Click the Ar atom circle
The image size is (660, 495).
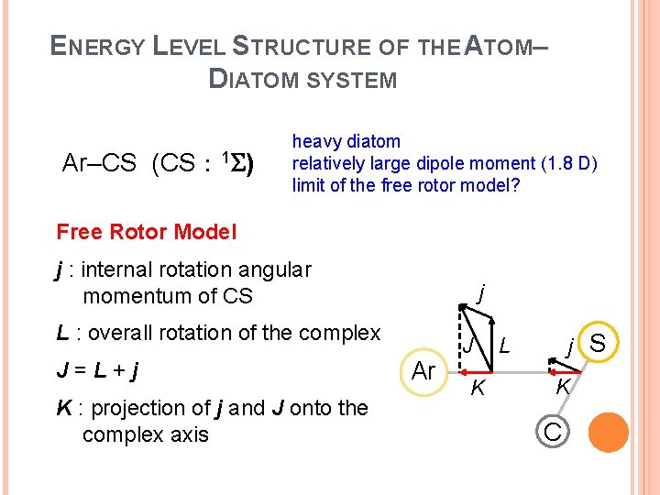423,371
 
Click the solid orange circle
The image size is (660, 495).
609,433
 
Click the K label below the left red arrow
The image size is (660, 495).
476,389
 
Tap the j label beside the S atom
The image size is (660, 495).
570,347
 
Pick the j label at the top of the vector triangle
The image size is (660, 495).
481,293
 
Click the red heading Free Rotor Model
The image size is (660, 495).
146,232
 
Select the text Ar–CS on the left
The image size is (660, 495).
99,164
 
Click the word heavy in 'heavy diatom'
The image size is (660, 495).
315,141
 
